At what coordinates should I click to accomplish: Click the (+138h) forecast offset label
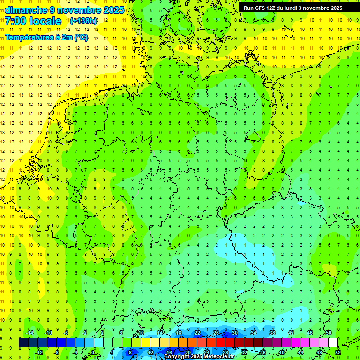tap(83, 21)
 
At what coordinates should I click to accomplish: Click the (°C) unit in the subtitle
tap(81, 37)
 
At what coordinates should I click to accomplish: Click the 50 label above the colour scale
tap(328, 333)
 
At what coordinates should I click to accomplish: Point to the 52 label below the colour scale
tap(337, 352)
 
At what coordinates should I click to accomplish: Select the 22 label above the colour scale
tap(197, 333)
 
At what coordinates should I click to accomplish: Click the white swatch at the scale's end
tap(333, 343)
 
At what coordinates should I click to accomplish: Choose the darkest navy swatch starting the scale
tap(23, 343)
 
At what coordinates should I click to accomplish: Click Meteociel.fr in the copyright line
tap(219, 357)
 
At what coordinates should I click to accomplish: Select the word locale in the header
tap(45, 21)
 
